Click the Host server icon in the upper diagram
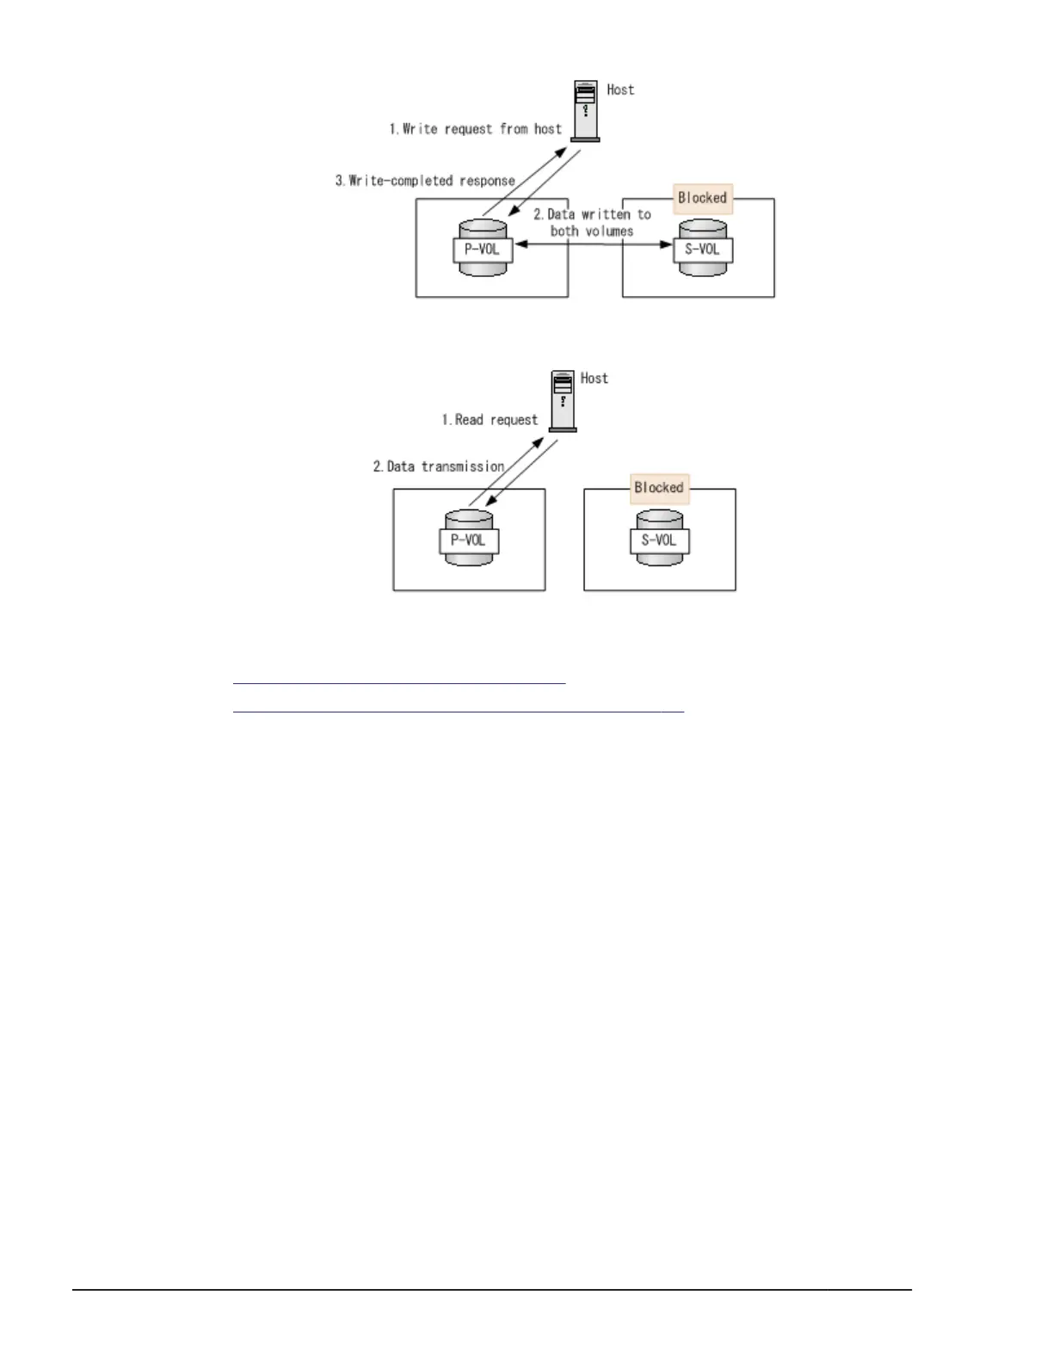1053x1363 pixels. point(586,111)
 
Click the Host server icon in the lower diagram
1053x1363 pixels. point(563,400)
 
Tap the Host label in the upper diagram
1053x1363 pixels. point(620,89)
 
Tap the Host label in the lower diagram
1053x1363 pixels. point(594,379)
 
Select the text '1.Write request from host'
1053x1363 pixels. point(475,129)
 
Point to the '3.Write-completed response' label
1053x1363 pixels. point(425,181)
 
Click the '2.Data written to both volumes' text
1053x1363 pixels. point(592,222)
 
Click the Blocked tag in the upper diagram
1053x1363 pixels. point(702,198)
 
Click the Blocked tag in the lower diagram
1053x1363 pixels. point(659,488)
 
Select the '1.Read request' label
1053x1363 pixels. point(490,420)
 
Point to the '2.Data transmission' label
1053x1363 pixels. point(438,466)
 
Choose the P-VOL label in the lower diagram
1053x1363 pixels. point(469,540)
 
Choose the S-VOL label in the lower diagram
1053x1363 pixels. point(660,540)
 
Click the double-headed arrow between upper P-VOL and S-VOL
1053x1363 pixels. point(594,245)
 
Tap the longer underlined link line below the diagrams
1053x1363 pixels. point(458,712)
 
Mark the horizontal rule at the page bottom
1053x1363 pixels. point(491,1290)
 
